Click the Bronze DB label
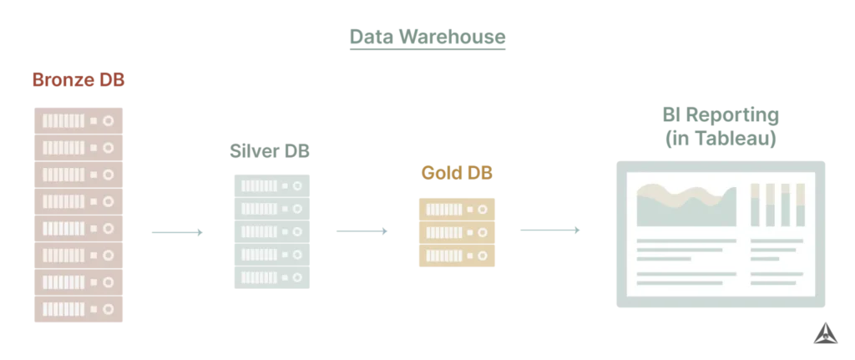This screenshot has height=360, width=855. [78, 81]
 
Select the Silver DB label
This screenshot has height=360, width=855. [270, 151]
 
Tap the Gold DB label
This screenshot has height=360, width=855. [457, 172]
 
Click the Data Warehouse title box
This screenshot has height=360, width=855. [427, 39]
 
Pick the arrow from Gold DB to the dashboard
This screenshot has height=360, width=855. [548, 228]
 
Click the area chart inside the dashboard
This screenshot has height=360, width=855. [686, 205]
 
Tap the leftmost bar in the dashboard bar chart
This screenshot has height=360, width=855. [756, 205]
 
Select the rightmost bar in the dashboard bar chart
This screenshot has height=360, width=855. [798, 205]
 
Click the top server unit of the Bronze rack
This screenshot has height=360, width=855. [79, 121]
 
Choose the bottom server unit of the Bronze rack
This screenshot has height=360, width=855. [79, 308]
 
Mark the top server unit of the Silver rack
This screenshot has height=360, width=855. [271, 185]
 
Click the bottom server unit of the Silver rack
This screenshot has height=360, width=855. [271, 277]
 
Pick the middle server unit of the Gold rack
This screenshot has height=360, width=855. [457, 231]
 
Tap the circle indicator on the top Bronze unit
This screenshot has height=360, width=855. [108, 121]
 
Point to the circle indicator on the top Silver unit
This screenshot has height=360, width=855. [298, 185]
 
